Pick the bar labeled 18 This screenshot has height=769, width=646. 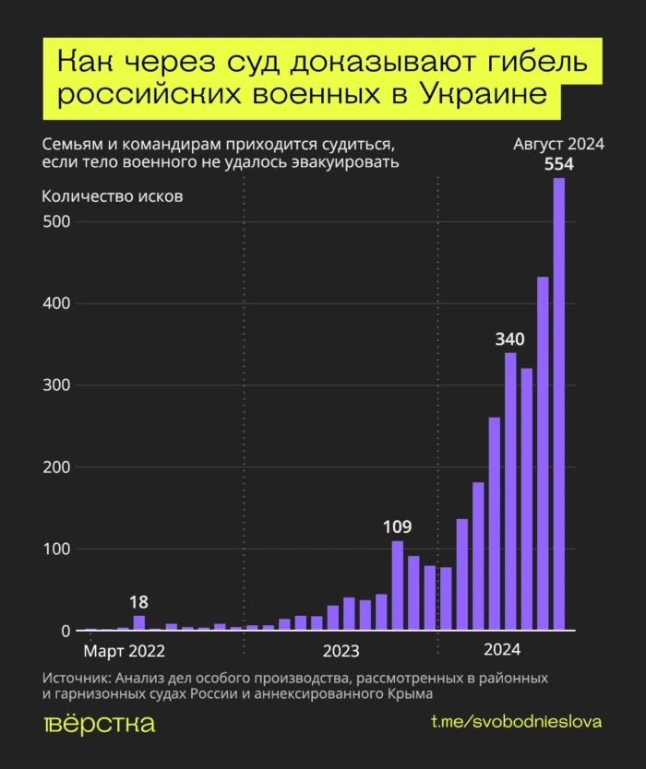[x=139, y=622]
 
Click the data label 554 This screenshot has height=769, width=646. [x=558, y=163]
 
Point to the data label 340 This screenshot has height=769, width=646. [x=510, y=338]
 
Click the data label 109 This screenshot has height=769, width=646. [x=397, y=527]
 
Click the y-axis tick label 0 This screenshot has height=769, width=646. [x=65, y=632]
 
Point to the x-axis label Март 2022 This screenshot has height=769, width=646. [x=125, y=651]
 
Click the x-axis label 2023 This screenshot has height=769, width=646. [x=341, y=651]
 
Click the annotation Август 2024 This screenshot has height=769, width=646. [x=558, y=144]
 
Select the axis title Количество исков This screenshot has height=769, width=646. [x=113, y=196]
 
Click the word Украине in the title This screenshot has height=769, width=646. [x=481, y=93]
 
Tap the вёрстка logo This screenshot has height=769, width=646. [x=100, y=723]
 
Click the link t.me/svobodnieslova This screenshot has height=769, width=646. [x=516, y=722]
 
